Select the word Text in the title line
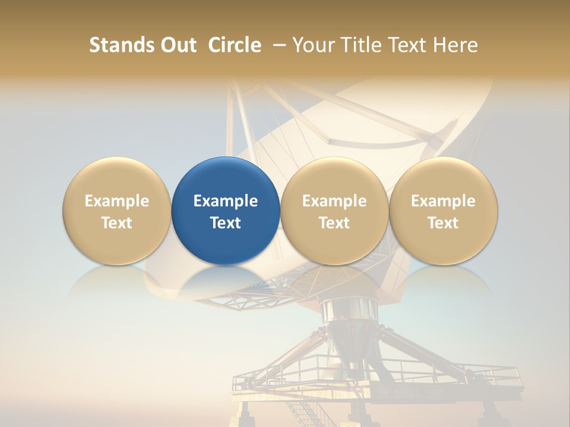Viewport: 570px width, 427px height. (407, 45)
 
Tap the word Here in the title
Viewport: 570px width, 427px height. (455, 45)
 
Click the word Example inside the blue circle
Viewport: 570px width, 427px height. (226, 201)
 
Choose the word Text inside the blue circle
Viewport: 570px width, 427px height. (226, 223)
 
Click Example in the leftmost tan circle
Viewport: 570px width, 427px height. (117, 201)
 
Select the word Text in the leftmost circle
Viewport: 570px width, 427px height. (117, 223)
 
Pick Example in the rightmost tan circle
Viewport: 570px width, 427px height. (443, 201)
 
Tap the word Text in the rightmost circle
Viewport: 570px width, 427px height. (443, 223)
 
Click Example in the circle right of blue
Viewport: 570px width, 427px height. (334, 201)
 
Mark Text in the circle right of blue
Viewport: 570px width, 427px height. (334, 223)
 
